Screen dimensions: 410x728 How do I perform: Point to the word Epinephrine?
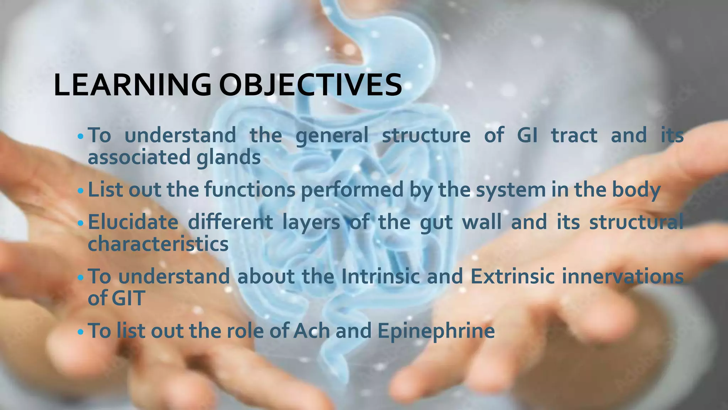(436, 331)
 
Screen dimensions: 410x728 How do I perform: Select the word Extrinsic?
(512, 276)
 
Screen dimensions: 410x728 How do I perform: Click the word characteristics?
(158, 244)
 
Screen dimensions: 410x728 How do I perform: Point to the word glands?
(229, 157)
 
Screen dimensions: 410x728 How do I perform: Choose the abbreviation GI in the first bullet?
(527, 135)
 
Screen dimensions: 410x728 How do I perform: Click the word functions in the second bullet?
(250, 189)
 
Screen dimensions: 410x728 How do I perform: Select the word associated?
(138, 157)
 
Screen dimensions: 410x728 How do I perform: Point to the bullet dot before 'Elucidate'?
(80, 224)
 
